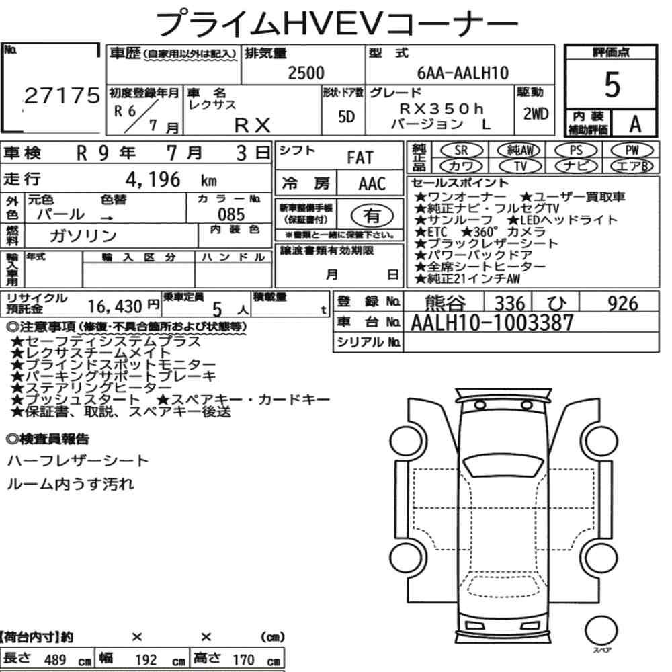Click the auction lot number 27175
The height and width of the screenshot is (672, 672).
pyautogui.click(x=62, y=96)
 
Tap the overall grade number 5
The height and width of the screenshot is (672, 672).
pyautogui.click(x=612, y=85)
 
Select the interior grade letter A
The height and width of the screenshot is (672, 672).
pyautogui.click(x=635, y=124)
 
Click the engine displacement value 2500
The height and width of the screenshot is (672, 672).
pyautogui.click(x=306, y=73)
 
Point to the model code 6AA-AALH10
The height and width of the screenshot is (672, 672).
pyautogui.click(x=463, y=73)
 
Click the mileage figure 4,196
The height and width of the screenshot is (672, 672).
pyautogui.click(x=153, y=179)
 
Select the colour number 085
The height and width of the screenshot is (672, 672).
pyautogui.click(x=231, y=214)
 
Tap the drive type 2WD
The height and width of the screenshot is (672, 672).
pyautogui.click(x=536, y=114)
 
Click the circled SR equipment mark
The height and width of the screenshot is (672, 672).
pyautogui.click(x=461, y=150)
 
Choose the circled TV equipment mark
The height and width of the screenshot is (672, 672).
pyautogui.click(x=520, y=166)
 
